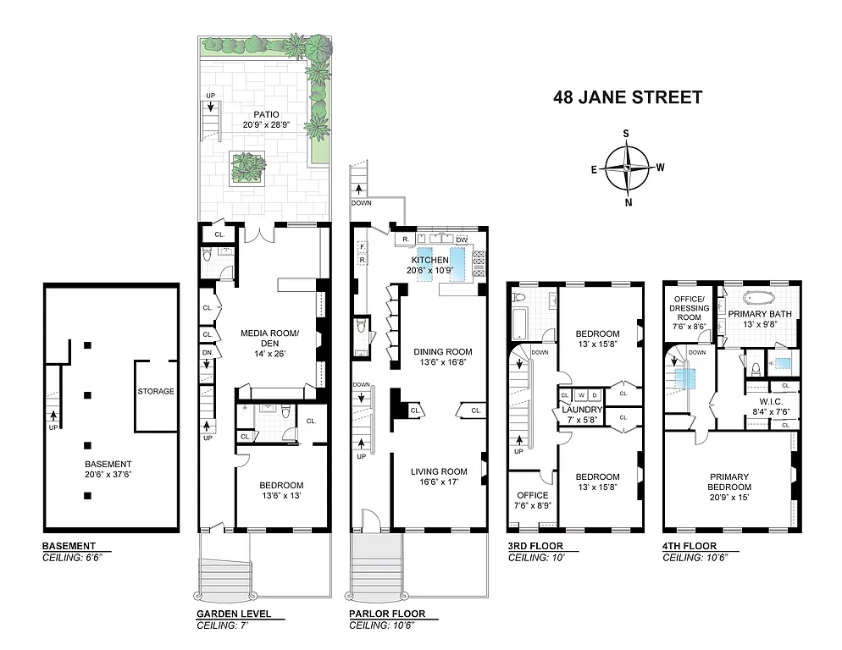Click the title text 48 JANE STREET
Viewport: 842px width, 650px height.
[627, 97]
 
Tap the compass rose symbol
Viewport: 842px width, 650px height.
[627, 168]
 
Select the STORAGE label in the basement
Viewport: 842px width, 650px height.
[156, 392]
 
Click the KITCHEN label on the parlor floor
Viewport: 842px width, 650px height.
[429, 260]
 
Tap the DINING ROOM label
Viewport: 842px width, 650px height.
[442, 352]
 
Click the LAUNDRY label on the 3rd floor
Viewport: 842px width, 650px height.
[581, 410]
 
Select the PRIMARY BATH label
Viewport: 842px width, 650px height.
[758, 313]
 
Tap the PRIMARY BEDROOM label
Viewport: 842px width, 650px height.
[731, 482]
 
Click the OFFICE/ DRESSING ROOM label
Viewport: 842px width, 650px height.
[690, 303]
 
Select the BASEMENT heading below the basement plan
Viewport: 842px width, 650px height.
[69, 546]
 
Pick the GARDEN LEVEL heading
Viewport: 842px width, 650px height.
[234, 614]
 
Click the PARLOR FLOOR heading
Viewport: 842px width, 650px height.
[387, 614]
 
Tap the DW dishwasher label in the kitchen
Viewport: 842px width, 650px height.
[461, 240]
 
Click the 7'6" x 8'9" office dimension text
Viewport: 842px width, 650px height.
[532, 506]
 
